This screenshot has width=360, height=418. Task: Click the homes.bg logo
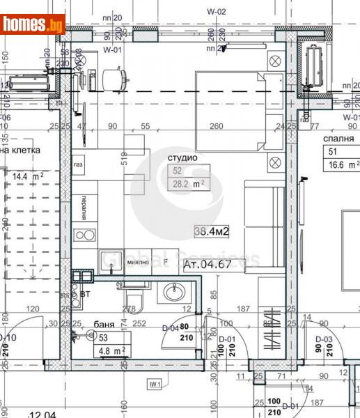(33, 24)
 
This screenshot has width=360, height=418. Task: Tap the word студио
(183, 158)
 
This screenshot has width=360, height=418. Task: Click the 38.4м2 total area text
(213, 231)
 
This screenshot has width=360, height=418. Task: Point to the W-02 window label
(217, 11)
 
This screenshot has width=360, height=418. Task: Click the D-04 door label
(170, 327)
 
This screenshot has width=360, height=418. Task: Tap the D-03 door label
(322, 339)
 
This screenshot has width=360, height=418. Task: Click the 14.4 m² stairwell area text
(28, 177)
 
